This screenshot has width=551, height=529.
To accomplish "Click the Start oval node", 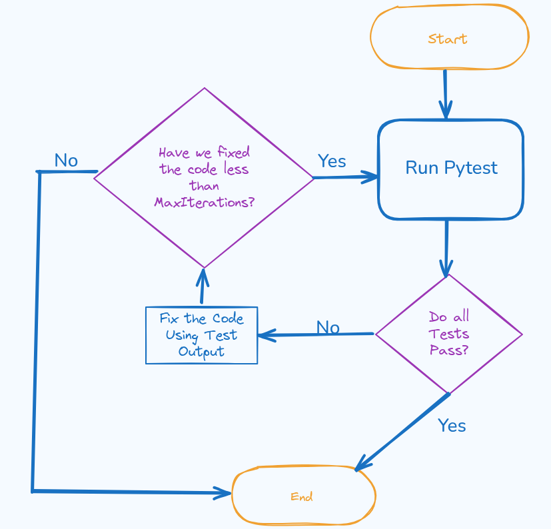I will pos(449,38).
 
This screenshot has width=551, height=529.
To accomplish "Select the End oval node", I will pos(303,496).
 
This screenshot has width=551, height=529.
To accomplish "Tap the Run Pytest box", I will pos(451,169).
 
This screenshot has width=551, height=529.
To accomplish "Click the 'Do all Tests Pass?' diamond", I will pos(448,334).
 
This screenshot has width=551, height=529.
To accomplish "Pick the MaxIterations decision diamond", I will pos(204,178).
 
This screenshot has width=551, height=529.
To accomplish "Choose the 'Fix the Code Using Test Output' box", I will pos(201,335).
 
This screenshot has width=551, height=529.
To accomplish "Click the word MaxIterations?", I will pos(204,203).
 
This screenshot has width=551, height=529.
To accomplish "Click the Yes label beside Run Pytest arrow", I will pos(332,161).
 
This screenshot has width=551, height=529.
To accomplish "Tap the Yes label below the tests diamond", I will pos(452,426).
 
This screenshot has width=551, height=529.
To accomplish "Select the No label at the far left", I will pos(66,161).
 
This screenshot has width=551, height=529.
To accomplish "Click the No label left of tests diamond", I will pos(328,327).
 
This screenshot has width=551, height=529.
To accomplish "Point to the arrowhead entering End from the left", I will pos(223,493).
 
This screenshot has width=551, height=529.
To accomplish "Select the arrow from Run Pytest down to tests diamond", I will pos(446,247).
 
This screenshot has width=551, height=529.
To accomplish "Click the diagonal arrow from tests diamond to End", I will pos(403,432).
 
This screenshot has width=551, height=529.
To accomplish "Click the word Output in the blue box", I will pos(201,352).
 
